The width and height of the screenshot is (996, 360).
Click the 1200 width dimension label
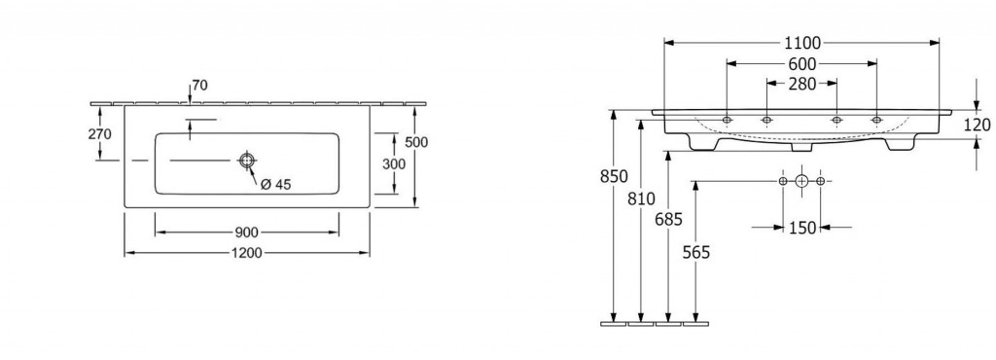tap(246, 253)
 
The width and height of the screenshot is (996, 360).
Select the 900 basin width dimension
tap(246, 233)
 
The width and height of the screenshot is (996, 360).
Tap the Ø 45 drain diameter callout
tap(275, 184)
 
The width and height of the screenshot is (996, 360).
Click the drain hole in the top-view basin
tap(246, 160)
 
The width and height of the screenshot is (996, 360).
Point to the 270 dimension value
tap(100, 134)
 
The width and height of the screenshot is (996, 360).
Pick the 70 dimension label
tap(200, 85)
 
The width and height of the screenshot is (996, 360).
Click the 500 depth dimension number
tap(416, 142)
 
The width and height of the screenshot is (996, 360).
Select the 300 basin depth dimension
tap(394, 163)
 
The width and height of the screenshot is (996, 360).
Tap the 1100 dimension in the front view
tap(801, 43)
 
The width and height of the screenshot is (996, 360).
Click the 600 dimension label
tap(802, 63)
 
